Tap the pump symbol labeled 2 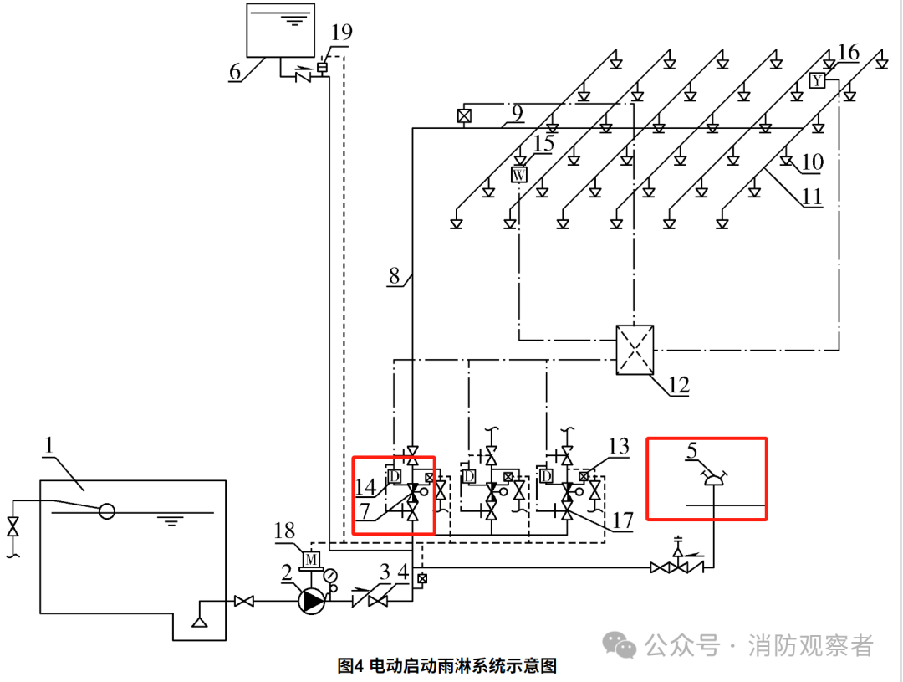312,600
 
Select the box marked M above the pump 311,558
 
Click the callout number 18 285,530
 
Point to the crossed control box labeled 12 635,349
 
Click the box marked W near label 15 519,174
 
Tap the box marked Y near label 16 818,80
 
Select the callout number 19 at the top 341,32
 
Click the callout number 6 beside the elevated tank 236,71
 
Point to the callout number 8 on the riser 395,274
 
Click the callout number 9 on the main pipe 517,111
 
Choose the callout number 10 812,162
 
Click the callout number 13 619,446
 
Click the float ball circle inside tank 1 106,510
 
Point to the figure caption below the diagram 447,666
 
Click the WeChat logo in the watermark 620,644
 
